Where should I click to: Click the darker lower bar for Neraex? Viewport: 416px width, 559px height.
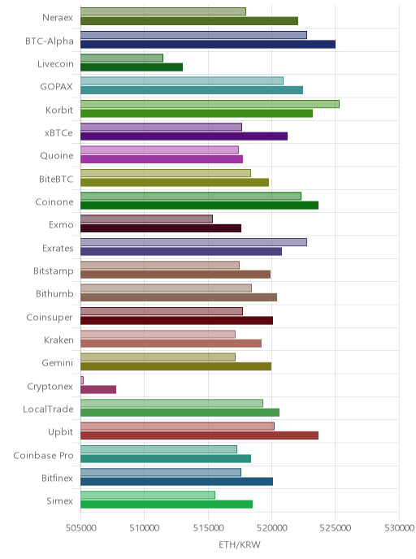click(x=189, y=21)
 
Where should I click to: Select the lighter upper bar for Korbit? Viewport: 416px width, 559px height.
click(x=210, y=104)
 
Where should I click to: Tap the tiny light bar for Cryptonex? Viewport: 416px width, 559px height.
click(x=82, y=380)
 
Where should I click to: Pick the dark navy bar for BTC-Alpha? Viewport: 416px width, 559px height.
click(x=208, y=44)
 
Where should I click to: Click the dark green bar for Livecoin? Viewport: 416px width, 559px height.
click(x=132, y=67)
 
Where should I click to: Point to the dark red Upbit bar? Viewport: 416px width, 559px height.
click(x=199, y=435)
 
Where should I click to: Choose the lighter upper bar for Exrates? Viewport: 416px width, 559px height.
click(x=193, y=242)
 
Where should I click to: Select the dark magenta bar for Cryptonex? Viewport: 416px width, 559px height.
click(x=98, y=390)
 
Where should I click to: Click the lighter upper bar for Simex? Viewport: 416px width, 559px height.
click(x=148, y=495)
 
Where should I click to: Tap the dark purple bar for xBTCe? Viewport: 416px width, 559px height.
click(x=184, y=136)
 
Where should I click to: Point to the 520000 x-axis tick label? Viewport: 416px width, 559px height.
click(x=271, y=527)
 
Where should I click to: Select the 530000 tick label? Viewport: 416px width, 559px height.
click(x=399, y=527)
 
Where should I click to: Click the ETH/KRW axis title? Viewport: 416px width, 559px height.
click(x=240, y=544)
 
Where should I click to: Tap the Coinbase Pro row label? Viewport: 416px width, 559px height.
click(x=43, y=455)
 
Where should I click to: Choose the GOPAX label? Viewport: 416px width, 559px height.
click(x=56, y=87)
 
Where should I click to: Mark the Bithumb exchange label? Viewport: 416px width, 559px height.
click(x=54, y=294)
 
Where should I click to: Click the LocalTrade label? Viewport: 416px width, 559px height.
click(x=48, y=409)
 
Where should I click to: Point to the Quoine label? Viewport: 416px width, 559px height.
click(x=57, y=156)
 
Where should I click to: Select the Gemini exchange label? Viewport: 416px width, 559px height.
click(x=58, y=363)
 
